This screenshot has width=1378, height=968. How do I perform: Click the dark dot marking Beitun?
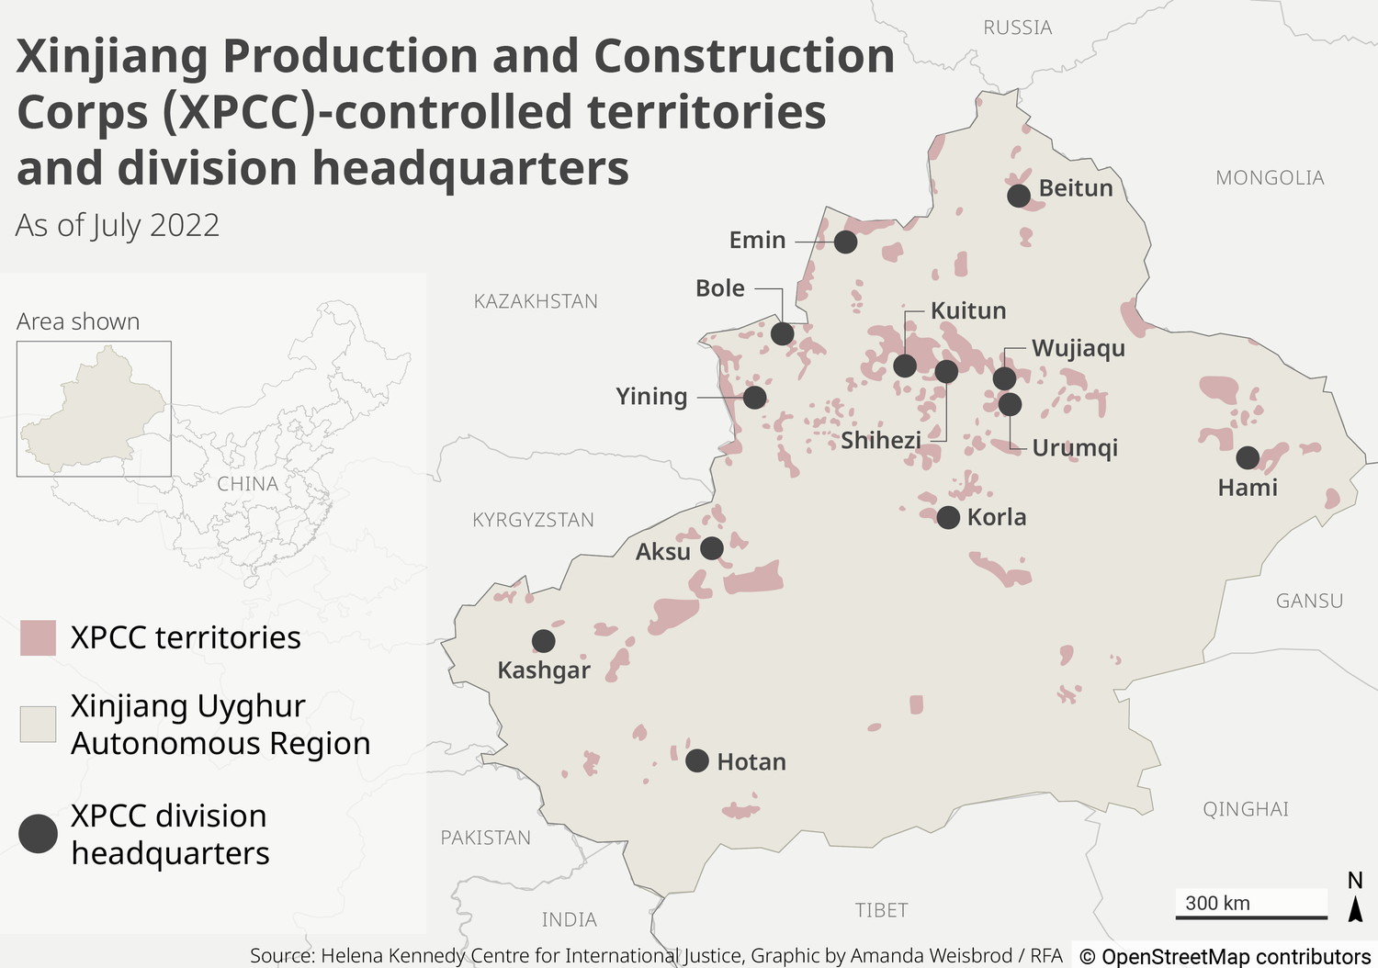point(1018,196)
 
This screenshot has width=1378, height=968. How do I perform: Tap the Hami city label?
point(1247,488)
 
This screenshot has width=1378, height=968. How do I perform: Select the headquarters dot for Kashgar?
point(543,640)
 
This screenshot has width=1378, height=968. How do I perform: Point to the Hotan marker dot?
point(697,760)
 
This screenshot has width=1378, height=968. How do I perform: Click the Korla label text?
point(997,517)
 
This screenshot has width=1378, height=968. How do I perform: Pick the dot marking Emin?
point(845,242)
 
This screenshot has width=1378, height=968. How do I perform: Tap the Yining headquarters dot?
point(754,397)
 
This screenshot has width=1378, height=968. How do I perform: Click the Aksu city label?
point(662,552)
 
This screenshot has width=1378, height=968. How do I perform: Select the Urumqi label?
point(1074,448)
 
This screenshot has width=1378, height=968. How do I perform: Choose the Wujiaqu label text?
point(1078,348)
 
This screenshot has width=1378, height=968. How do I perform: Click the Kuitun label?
point(968,310)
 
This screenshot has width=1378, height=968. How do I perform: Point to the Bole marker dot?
point(782,333)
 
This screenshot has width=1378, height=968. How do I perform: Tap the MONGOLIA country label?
point(1270,178)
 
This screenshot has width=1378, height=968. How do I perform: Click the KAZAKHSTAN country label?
point(536,301)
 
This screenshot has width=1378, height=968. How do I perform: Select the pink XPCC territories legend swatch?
point(38,637)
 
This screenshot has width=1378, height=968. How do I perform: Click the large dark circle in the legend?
point(38,834)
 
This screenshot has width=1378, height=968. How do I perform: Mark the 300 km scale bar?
point(1251,916)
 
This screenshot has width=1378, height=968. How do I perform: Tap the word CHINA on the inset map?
point(247,484)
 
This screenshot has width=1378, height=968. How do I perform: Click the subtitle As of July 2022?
point(118,225)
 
